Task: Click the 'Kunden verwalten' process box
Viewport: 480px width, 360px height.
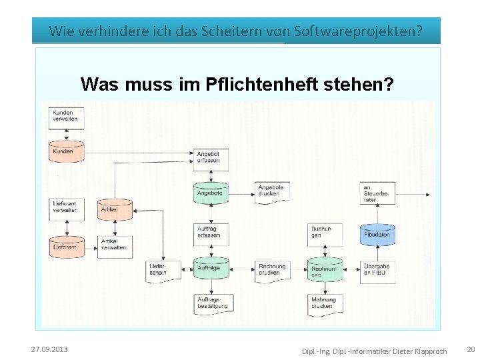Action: (x=65, y=115)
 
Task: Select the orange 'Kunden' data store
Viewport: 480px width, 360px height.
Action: (x=67, y=151)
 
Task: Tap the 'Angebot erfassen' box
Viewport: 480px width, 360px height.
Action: (x=211, y=157)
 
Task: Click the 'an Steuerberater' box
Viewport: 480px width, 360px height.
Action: (x=377, y=193)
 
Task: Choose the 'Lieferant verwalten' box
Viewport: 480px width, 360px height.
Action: (x=67, y=207)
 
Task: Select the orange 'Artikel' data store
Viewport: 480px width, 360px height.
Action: (x=115, y=209)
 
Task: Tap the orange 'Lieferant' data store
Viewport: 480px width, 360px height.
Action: (x=67, y=246)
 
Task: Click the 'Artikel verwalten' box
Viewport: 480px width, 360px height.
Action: (x=115, y=245)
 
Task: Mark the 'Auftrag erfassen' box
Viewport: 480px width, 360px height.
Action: (x=211, y=232)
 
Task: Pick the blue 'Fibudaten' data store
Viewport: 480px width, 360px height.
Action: (x=378, y=235)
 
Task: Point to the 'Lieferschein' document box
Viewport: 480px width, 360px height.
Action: (x=162, y=270)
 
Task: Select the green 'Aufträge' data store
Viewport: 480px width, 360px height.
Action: (x=211, y=268)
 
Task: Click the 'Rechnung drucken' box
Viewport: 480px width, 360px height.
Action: (x=272, y=270)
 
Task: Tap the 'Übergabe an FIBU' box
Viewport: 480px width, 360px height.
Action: (x=378, y=270)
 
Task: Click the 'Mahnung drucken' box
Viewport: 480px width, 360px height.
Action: (x=325, y=304)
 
